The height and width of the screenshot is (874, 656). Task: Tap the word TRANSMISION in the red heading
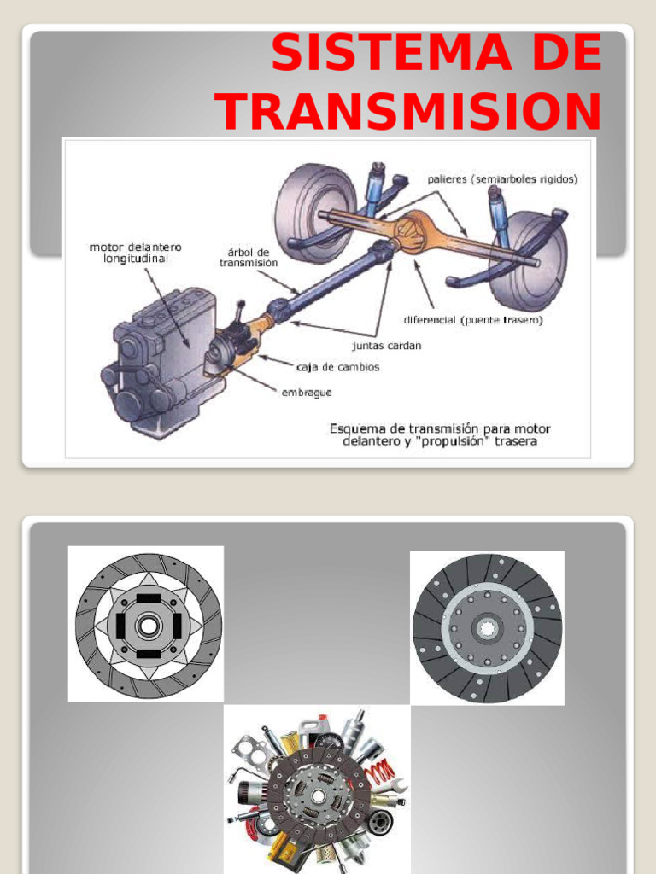[x=408, y=111]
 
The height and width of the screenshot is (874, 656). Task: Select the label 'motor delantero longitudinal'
[x=135, y=253]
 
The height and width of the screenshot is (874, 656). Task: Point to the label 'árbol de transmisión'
[x=249, y=258]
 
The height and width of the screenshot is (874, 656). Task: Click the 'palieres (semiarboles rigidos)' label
[x=502, y=179]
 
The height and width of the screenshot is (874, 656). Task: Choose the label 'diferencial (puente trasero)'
[x=473, y=320]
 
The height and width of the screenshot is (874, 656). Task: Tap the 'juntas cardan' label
[x=386, y=346]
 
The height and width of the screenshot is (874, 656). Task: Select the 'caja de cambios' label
[x=337, y=367]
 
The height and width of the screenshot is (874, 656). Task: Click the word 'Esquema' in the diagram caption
[x=357, y=428]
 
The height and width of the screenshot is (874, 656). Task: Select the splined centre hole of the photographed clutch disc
[x=487, y=628]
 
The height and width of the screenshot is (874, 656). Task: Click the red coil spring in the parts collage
[x=378, y=773]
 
